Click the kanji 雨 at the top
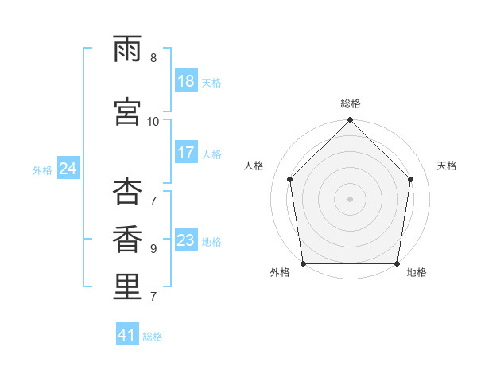tap(127, 49)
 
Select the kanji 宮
tap(127, 111)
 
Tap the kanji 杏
tap(127, 191)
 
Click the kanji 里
tap(127, 286)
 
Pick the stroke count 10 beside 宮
tap(153, 122)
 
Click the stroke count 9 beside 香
tap(153, 249)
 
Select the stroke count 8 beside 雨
tap(153, 58)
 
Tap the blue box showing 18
tap(187, 80)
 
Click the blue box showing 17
tap(187, 152)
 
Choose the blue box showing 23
tap(187, 239)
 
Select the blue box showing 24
tap(68, 168)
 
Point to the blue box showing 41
tap(127, 333)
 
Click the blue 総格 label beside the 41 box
tap(153, 337)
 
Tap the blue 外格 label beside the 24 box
tap(42, 170)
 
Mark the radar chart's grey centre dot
tap(350, 199)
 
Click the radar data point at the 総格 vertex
tap(350, 119)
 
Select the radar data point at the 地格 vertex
tap(397, 263)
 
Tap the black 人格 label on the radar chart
tap(254, 166)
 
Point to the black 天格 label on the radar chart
tap(447, 166)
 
